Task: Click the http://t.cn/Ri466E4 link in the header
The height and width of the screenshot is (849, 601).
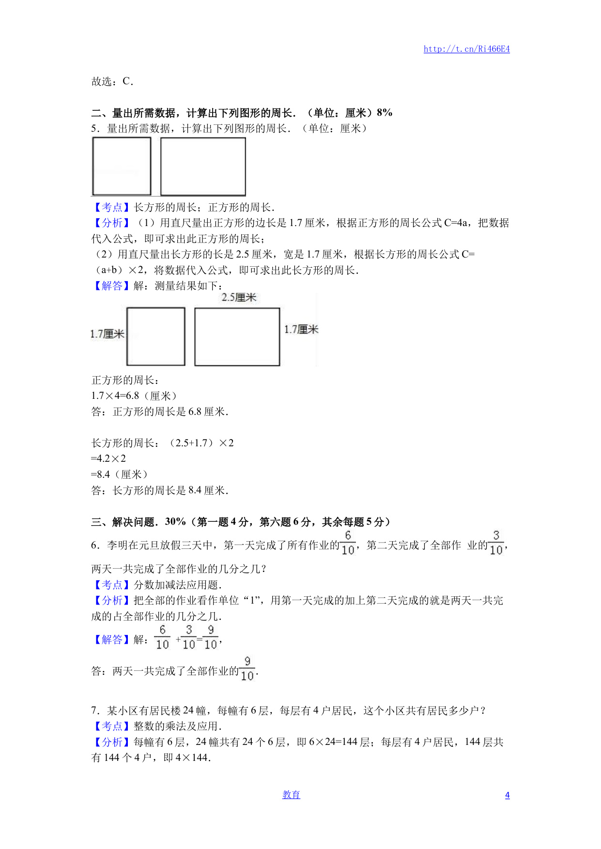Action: [x=466, y=49]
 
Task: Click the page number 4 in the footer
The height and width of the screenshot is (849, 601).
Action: [x=507, y=795]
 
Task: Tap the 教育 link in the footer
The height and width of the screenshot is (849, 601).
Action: [x=291, y=795]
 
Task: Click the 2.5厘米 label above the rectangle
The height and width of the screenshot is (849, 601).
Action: [x=239, y=297]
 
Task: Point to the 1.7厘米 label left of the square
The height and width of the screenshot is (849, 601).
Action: [x=107, y=334]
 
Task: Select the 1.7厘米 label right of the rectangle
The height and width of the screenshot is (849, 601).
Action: [x=301, y=330]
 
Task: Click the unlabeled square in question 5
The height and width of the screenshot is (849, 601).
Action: [x=122, y=166]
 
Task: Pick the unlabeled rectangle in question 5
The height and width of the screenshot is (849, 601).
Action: [x=203, y=167]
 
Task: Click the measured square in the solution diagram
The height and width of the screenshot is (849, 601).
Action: [x=156, y=336]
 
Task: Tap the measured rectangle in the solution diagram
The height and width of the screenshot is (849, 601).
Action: [x=237, y=337]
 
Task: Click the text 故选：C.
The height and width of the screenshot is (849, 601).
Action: [x=112, y=81]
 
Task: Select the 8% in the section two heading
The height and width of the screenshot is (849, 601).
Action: [x=385, y=113]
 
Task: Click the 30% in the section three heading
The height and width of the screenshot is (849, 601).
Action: [x=175, y=522]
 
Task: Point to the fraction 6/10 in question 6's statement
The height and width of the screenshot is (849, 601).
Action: [x=348, y=543]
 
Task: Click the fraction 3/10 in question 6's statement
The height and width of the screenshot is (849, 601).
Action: [x=496, y=543]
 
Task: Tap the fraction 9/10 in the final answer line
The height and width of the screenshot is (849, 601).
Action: [x=247, y=669]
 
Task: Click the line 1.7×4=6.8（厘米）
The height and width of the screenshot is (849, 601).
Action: [x=134, y=396]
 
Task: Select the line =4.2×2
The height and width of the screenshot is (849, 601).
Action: [x=108, y=458]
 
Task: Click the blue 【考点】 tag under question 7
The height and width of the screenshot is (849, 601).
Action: [x=112, y=726]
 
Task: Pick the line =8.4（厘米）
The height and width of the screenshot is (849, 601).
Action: [x=120, y=474]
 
